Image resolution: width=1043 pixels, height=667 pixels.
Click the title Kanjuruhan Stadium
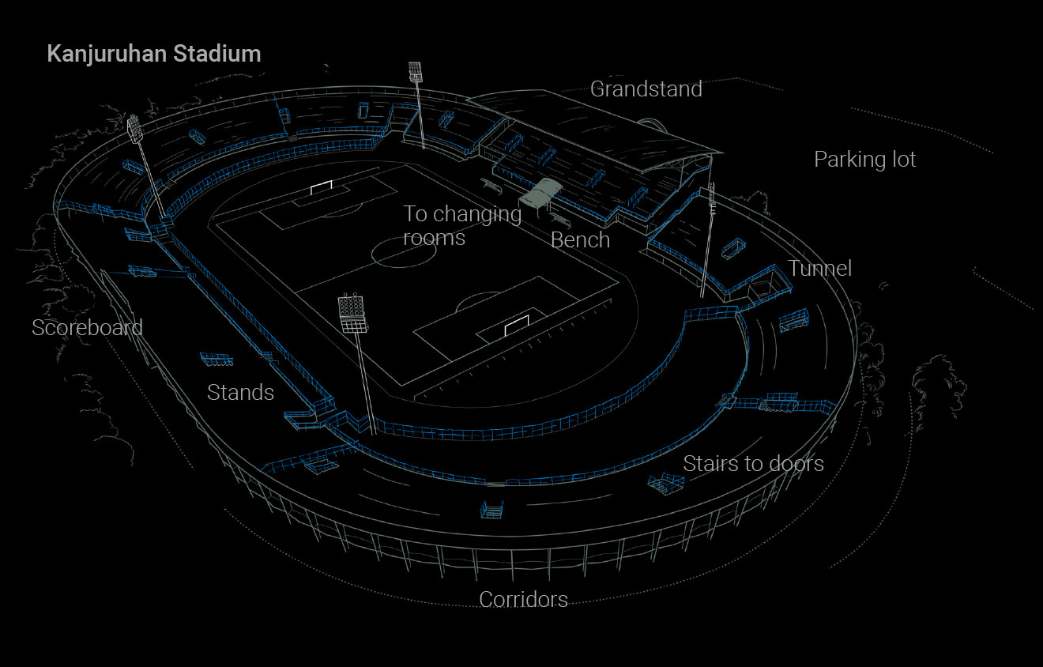154,54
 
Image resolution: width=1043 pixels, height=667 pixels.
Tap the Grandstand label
646,89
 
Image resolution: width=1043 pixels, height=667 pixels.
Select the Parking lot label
864,160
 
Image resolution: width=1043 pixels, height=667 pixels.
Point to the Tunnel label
819,268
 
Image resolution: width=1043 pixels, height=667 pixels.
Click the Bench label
580,240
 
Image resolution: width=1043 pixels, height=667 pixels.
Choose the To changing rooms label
462,225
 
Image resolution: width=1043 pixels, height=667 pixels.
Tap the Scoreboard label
87,327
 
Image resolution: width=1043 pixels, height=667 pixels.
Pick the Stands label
240,392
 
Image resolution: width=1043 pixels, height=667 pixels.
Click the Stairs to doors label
753,463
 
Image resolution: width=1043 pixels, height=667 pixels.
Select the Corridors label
523,600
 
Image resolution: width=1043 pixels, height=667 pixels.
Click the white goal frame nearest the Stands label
517,325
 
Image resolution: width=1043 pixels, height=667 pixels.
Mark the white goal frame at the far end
322,187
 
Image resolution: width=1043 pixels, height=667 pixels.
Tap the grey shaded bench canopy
541,192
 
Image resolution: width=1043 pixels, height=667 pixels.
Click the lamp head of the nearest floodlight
352,313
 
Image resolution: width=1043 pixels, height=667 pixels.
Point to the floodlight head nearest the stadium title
416,72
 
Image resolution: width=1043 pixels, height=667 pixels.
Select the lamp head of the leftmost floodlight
134,129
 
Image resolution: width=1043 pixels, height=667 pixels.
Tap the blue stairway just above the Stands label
216,359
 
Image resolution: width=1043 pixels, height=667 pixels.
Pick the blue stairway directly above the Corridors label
491,510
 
